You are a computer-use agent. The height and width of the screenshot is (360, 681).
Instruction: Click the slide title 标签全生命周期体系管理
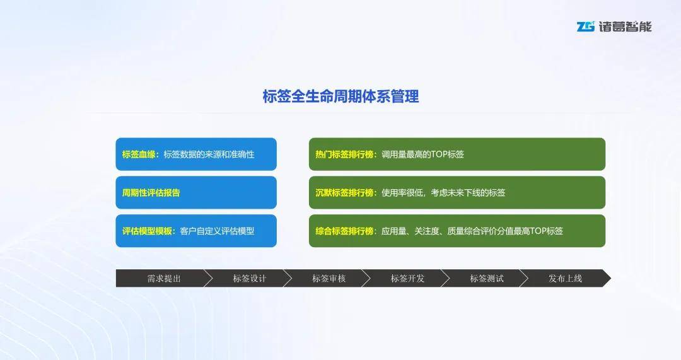(x=340, y=96)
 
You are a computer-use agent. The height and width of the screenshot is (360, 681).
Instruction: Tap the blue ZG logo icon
(x=585, y=26)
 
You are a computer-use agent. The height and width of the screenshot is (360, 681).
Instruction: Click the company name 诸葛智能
(x=625, y=26)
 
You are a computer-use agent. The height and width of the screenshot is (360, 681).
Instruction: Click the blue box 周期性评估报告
(x=196, y=192)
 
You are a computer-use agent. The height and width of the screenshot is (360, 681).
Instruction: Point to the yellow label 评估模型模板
(x=147, y=231)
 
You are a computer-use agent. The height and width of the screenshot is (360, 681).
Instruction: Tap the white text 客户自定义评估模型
(x=217, y=231)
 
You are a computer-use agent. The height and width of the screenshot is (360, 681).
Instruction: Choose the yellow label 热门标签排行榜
(x=344, y=154)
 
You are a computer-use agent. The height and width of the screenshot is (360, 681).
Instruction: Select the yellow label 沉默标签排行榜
(x=344, y=192)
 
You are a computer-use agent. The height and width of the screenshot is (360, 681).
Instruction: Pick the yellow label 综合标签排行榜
(x=344, y=231)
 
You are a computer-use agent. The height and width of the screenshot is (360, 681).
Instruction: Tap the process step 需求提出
(x=164, y=279)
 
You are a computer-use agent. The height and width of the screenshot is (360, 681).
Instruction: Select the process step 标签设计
(x=249, y=279)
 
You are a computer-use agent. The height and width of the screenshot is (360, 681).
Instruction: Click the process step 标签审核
(x=329, y=279)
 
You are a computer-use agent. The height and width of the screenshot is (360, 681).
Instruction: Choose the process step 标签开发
(x=407, y=279)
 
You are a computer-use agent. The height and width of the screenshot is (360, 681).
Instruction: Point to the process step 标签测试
(x=486, y=279)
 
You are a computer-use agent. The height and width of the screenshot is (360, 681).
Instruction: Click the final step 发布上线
(x=565, y=279)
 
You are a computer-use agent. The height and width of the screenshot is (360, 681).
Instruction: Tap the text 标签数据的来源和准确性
(x=209, y=154)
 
